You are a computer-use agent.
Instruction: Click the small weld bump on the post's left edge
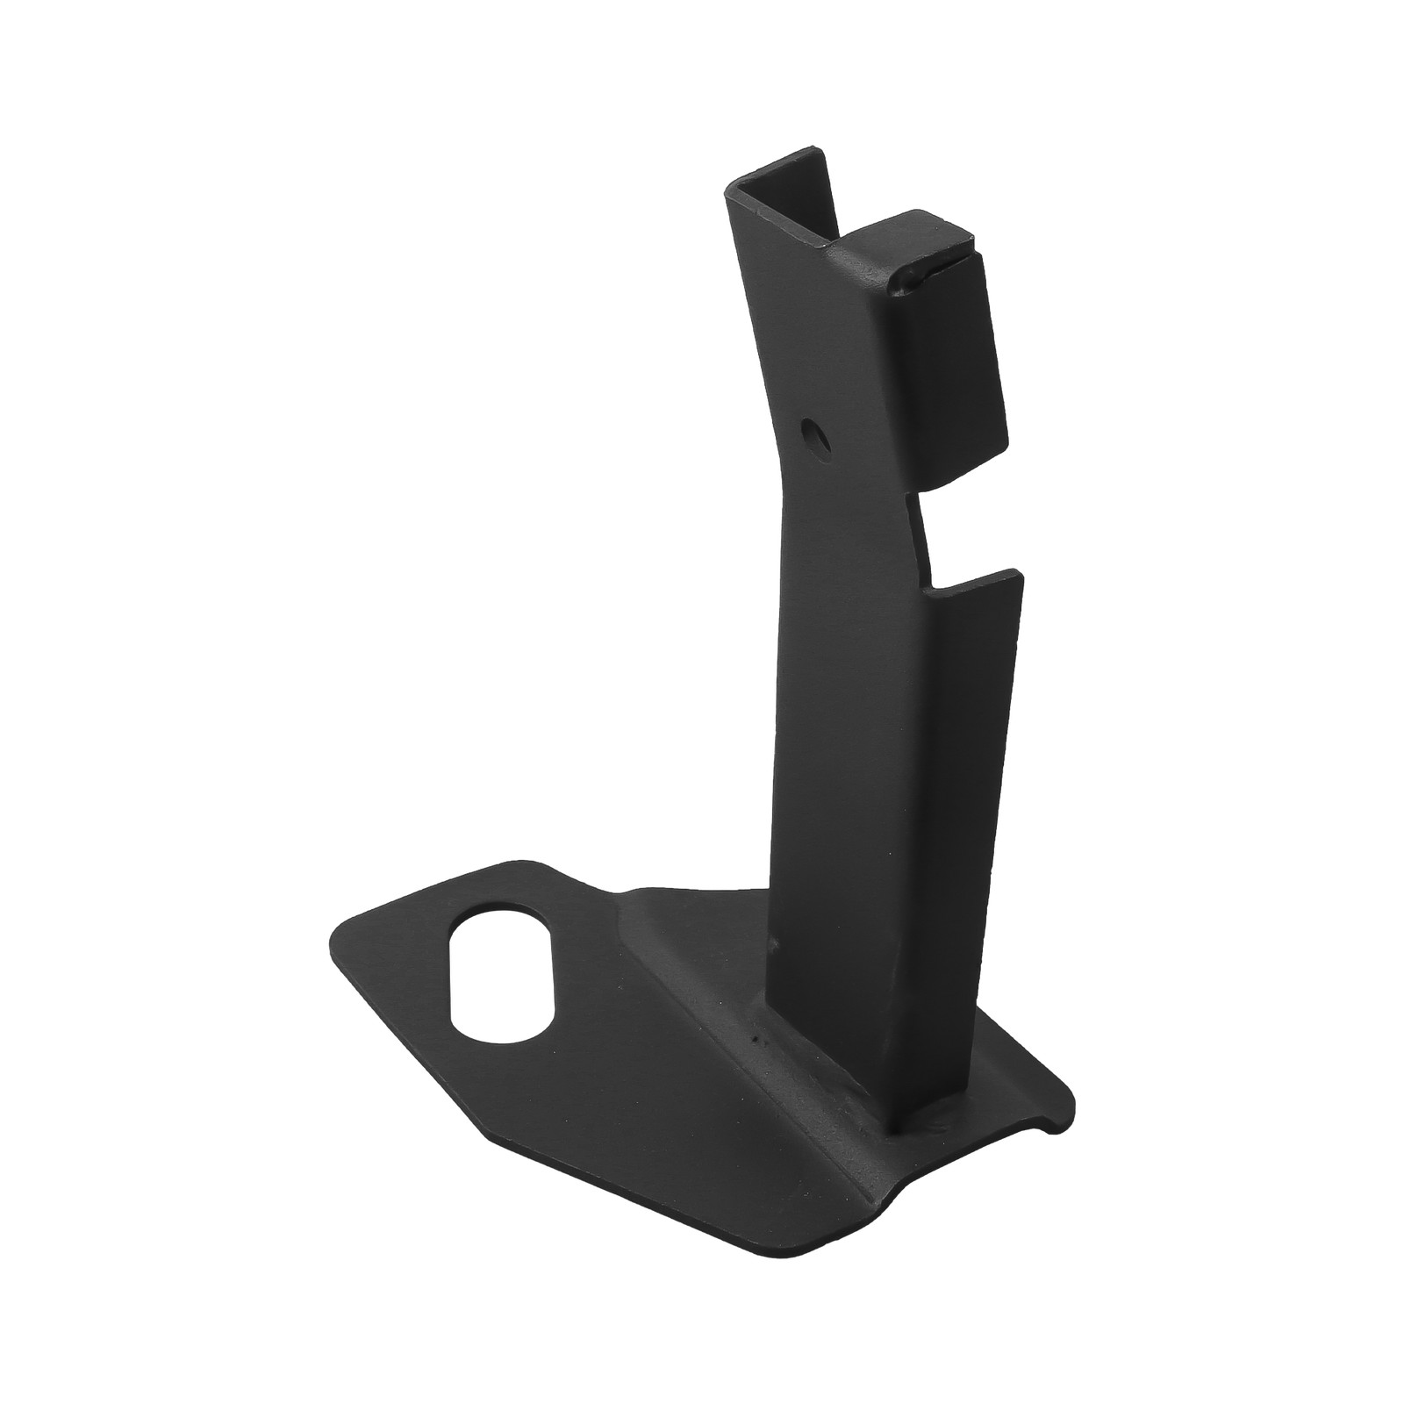pyautogui.click(x=774, y=946)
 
